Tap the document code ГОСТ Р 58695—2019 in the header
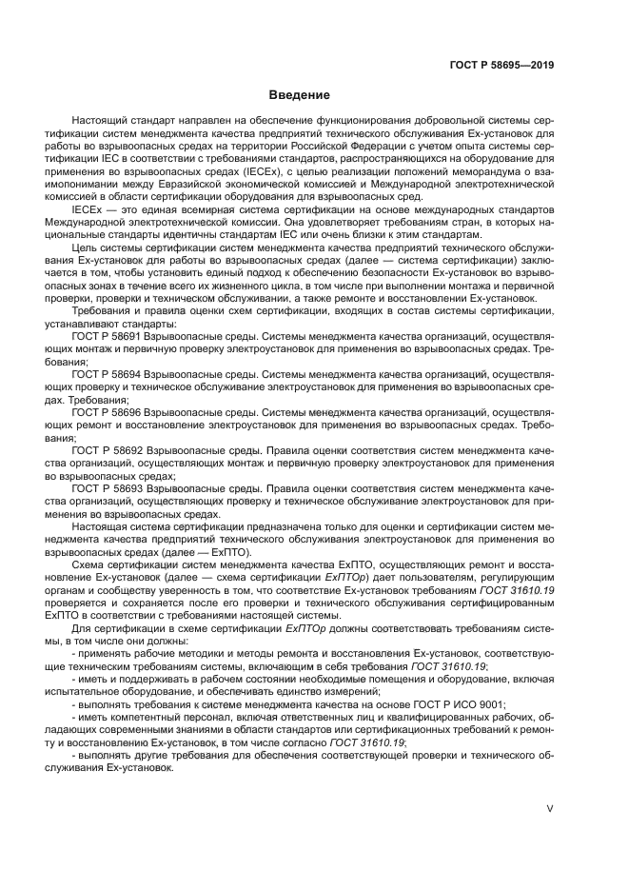click(502, 65)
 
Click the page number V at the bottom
click(550, 808)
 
